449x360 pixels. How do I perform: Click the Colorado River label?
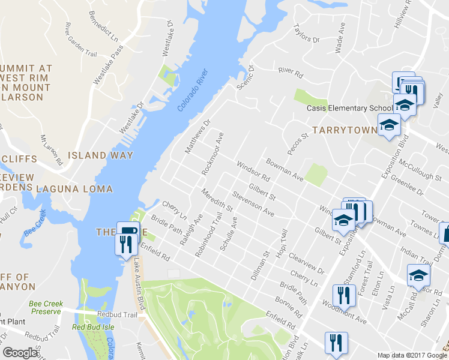point(193,91)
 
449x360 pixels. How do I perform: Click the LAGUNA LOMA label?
point(74,189)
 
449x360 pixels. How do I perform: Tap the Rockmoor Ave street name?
point(213,154)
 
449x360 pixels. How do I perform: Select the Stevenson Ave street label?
point(253,204)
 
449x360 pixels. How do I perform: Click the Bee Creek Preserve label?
point(45,307)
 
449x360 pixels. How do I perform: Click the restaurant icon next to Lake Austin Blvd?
point(124,244)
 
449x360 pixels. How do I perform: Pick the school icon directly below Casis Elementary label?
point(388,125)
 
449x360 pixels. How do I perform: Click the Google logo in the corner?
point(20,353)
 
